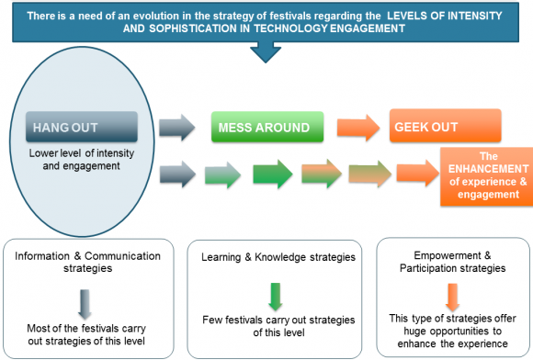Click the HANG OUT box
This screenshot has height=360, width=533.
coord(82,126)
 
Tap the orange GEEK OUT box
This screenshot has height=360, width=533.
coord(445,126)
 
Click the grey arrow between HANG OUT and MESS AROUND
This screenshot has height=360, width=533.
coord(177,126)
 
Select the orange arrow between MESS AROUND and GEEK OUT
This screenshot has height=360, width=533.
coord(354,126)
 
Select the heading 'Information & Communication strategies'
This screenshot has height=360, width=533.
coord(85,264)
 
